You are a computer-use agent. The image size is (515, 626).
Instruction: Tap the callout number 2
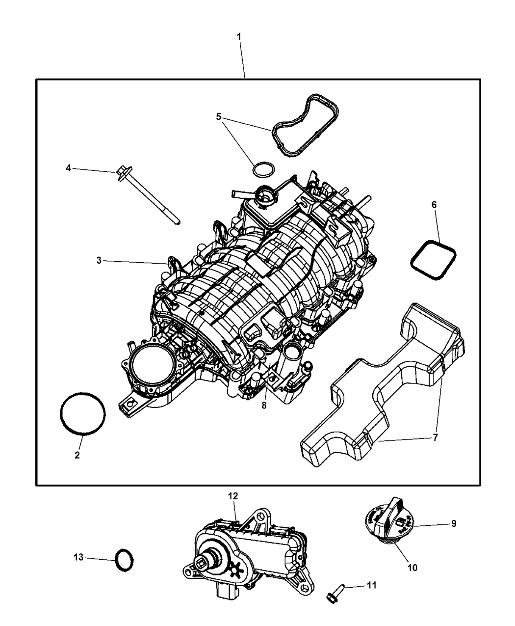click(77, 455)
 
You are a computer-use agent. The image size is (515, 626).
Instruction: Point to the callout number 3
click(99, 261)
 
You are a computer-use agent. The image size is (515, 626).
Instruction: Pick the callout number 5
click(219, 117)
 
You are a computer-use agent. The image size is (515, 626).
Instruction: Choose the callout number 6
click(434, 204)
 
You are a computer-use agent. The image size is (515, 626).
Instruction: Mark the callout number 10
click(412, 568)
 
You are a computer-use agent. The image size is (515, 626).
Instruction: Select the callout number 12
click(232, 496)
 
